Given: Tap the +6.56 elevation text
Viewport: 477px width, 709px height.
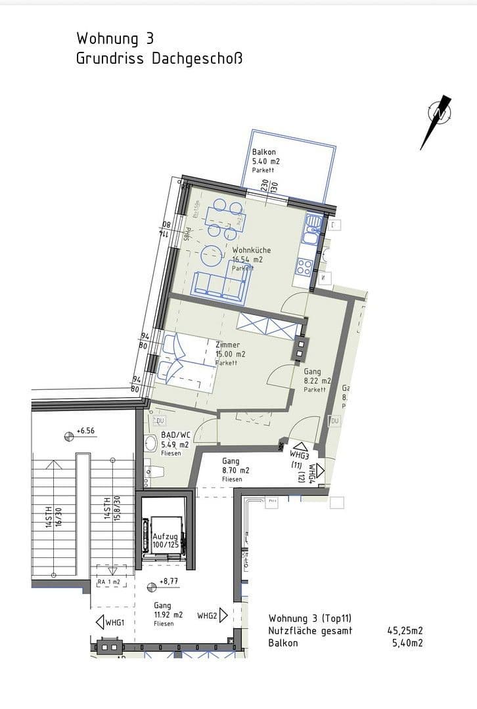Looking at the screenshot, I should (x=85, y=431).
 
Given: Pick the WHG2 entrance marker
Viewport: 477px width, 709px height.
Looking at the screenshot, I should (x=212, y=616).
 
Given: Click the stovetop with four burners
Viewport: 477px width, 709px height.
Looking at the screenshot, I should (x=305, y=267).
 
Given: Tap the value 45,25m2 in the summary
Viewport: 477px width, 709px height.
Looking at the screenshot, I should (x=405, y=631).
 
